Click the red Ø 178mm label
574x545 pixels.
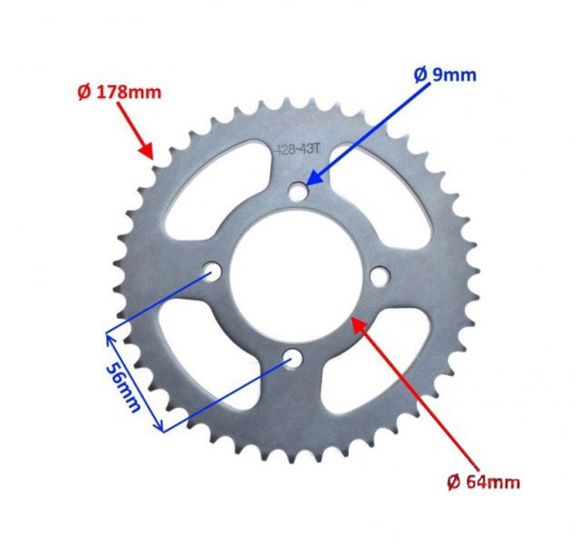pos(116,91)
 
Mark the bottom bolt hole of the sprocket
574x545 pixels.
pos(291,359)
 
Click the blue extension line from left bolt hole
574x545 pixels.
pos(159,303)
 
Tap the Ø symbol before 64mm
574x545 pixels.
pos(452,481)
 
